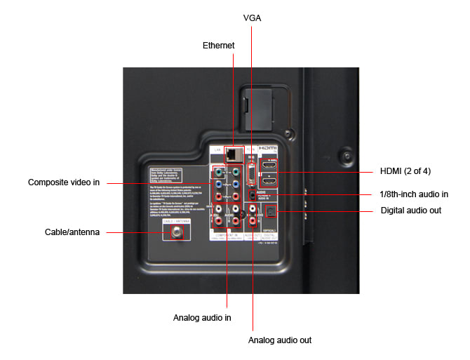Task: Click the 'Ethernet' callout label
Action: point(218,45)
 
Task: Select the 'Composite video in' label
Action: point(64,182)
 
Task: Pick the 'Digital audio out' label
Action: point(411,211)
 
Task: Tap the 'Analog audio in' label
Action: point(203,318)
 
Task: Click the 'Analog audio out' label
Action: point(280,340)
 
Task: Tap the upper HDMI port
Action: point(269,168)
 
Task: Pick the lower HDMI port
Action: point(269,182)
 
